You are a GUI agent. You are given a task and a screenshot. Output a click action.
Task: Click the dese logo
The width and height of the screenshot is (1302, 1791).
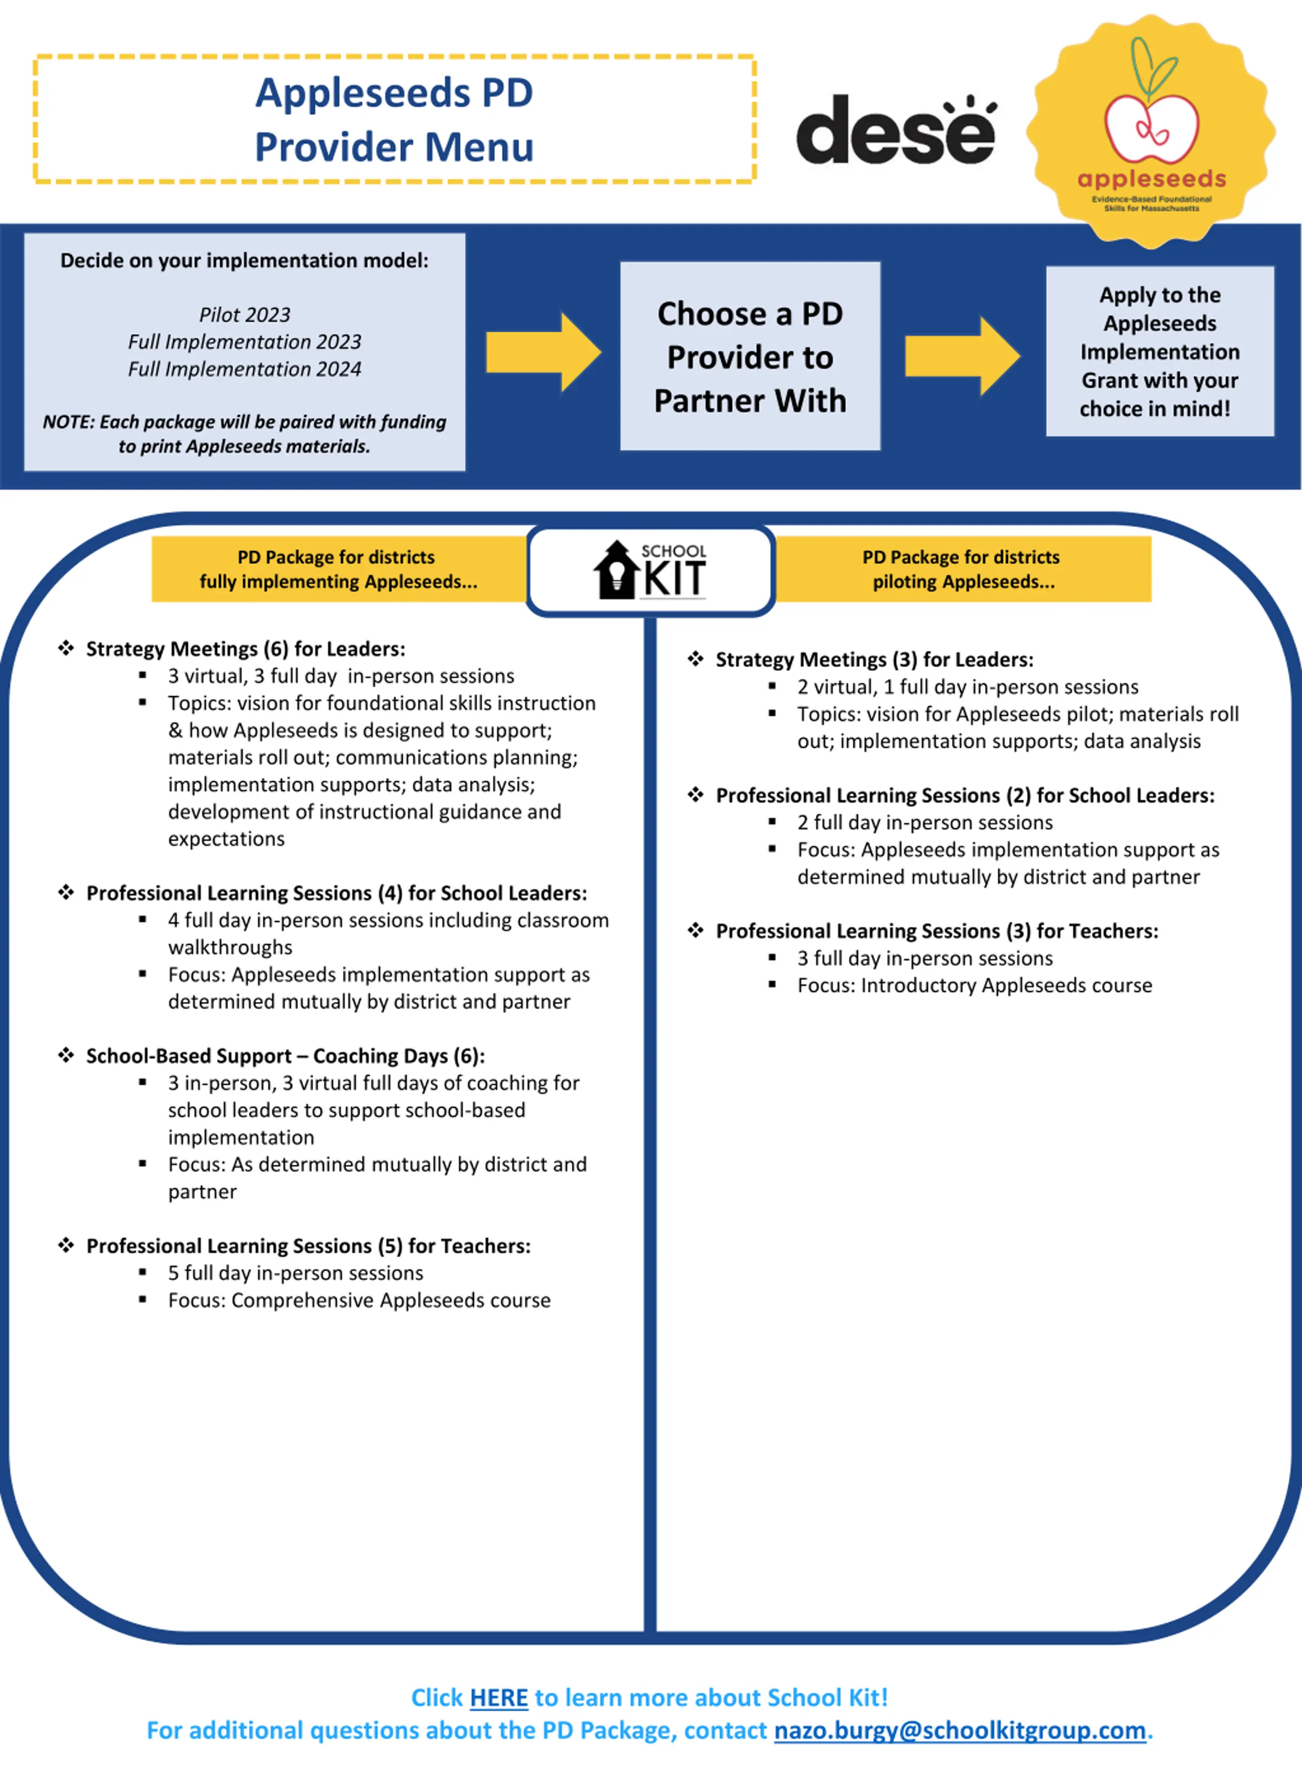click(x=896, y=130)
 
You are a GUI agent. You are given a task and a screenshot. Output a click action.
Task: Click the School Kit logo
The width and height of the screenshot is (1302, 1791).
click(x=650, y=569)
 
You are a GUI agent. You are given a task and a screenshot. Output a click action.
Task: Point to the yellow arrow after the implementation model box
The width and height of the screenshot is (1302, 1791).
click(x=543, y=352)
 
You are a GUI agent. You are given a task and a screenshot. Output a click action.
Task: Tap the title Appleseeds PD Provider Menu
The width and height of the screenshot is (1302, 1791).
click(x=394, y=119)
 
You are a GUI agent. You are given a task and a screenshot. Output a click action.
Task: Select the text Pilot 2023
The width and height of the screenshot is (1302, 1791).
click(x=245, y=314)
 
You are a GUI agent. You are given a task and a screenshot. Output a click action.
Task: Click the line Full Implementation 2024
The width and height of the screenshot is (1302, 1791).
click(x=245, y=369)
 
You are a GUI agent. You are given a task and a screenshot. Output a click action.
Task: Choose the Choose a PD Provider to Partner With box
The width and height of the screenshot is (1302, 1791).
click(x=750, y=356)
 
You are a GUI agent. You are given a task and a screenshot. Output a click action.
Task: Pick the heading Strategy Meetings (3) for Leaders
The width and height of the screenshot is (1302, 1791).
click(x=875, y=659)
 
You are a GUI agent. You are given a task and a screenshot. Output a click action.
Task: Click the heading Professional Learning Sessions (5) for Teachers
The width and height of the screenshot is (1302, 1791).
click(x=309, y=1246)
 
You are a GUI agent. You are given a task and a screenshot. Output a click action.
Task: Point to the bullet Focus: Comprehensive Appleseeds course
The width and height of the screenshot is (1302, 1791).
click(x=359, y=1300)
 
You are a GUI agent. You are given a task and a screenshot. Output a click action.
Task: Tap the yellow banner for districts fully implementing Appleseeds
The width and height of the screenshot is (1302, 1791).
click(x=340, y=569)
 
